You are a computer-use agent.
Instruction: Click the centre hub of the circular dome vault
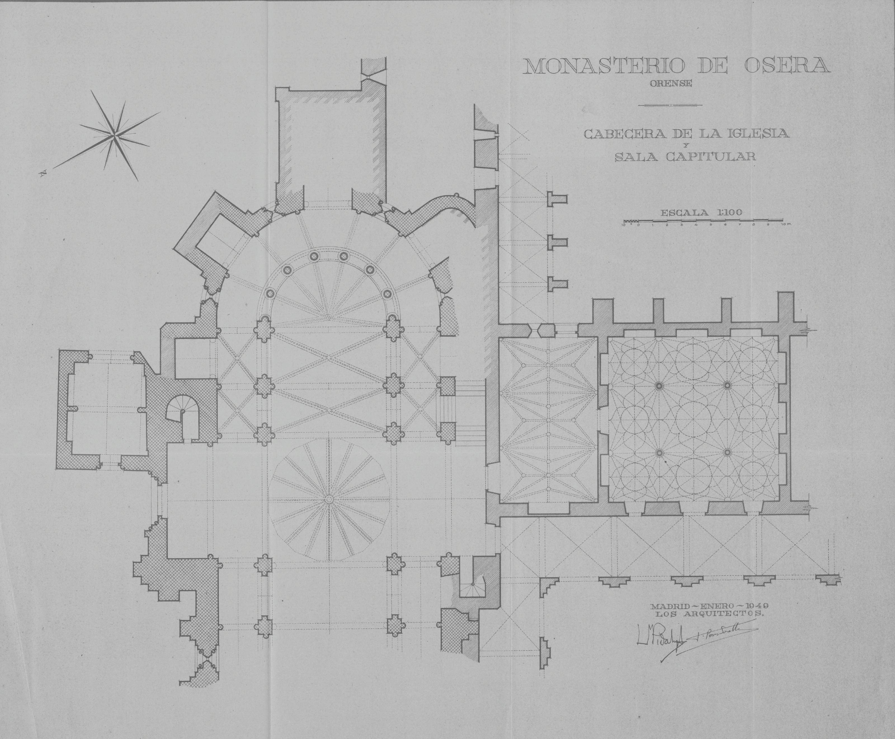tap(329, 500)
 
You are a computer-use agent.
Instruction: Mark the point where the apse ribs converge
tap(329, 317)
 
